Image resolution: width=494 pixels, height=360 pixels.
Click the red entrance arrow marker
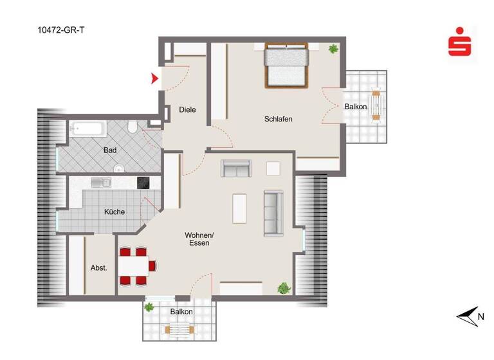(154, 79)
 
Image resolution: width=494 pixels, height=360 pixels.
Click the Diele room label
(187, 110)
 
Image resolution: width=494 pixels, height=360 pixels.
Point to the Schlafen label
(279, 119)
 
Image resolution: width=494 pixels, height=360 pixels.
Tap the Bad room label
(111, 150)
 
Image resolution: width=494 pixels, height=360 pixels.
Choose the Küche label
(114, 212)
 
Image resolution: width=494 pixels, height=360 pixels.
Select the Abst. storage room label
(98, 268)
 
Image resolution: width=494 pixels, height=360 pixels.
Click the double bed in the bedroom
(287, 66)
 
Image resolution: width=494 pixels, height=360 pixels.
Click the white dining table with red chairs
(136, 265)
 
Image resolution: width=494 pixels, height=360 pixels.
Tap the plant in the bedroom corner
(333, 49)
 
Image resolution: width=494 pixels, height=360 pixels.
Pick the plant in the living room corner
(284, 288)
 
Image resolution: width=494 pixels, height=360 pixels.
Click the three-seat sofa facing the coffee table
(273, 213)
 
